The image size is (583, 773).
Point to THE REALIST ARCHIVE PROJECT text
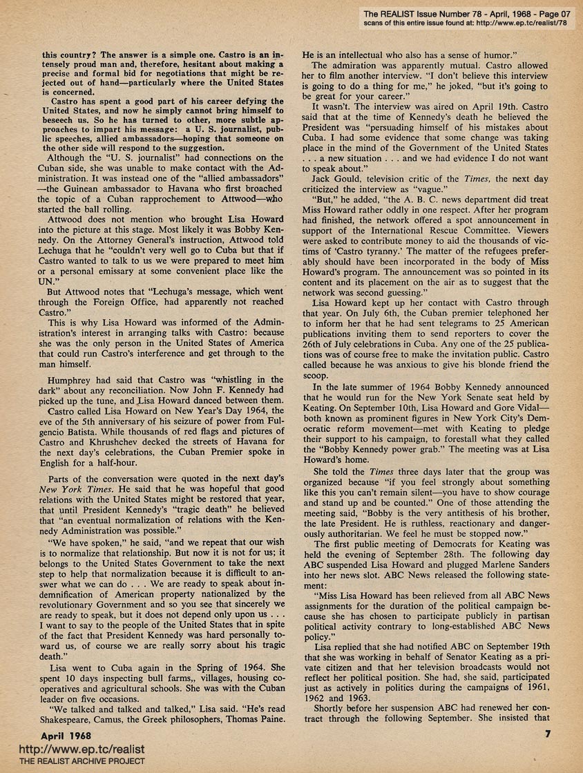coord(73,761)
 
